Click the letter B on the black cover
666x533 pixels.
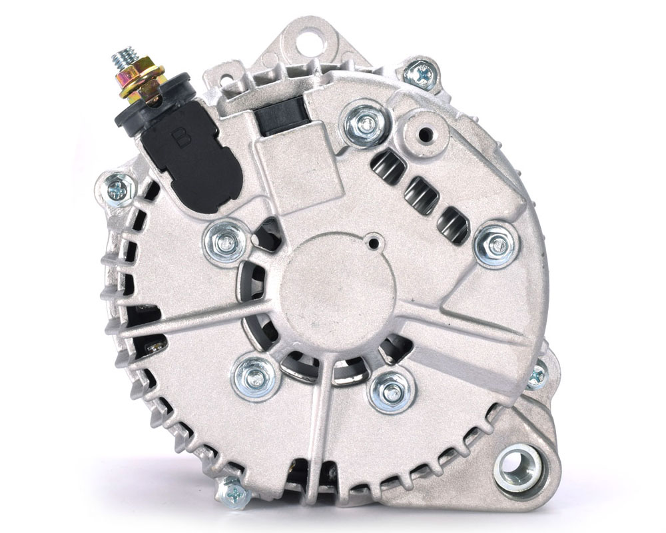[181, 137]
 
